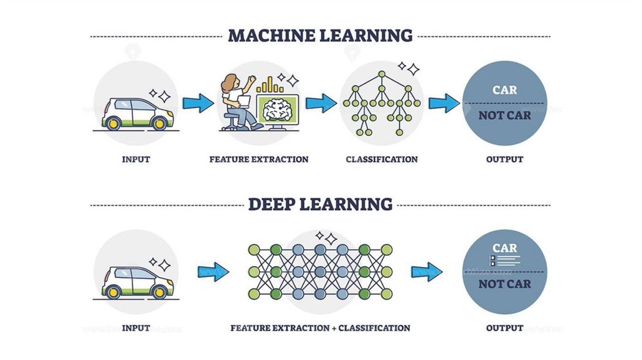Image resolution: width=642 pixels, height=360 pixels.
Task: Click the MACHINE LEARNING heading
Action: coord(320,34)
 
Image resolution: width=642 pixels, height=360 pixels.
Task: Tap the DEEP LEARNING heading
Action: coord(320,204)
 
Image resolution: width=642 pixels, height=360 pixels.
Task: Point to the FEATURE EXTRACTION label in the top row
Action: coord(259,159)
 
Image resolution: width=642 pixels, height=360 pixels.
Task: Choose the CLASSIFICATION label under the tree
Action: coord(381,159)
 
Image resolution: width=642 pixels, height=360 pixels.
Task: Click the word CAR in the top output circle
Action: coord(505,90)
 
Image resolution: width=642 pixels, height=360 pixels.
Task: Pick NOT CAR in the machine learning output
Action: coord(505,115)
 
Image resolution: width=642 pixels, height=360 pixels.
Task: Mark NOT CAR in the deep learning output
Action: coord(505,284)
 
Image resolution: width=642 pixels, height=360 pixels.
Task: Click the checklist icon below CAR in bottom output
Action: coord(495,260)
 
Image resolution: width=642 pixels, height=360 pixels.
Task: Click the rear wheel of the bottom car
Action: coord(114,292)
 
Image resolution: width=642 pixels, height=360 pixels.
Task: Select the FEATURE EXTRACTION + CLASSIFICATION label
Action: coord(320,328)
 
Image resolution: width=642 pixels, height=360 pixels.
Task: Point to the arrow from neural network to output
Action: coord(427,272)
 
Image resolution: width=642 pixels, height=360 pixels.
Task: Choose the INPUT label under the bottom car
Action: coord(135,328)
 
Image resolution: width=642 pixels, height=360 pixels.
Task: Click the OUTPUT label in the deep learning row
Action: coord(505,328)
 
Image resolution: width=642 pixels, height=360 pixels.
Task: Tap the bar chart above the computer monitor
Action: coord(269,85)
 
